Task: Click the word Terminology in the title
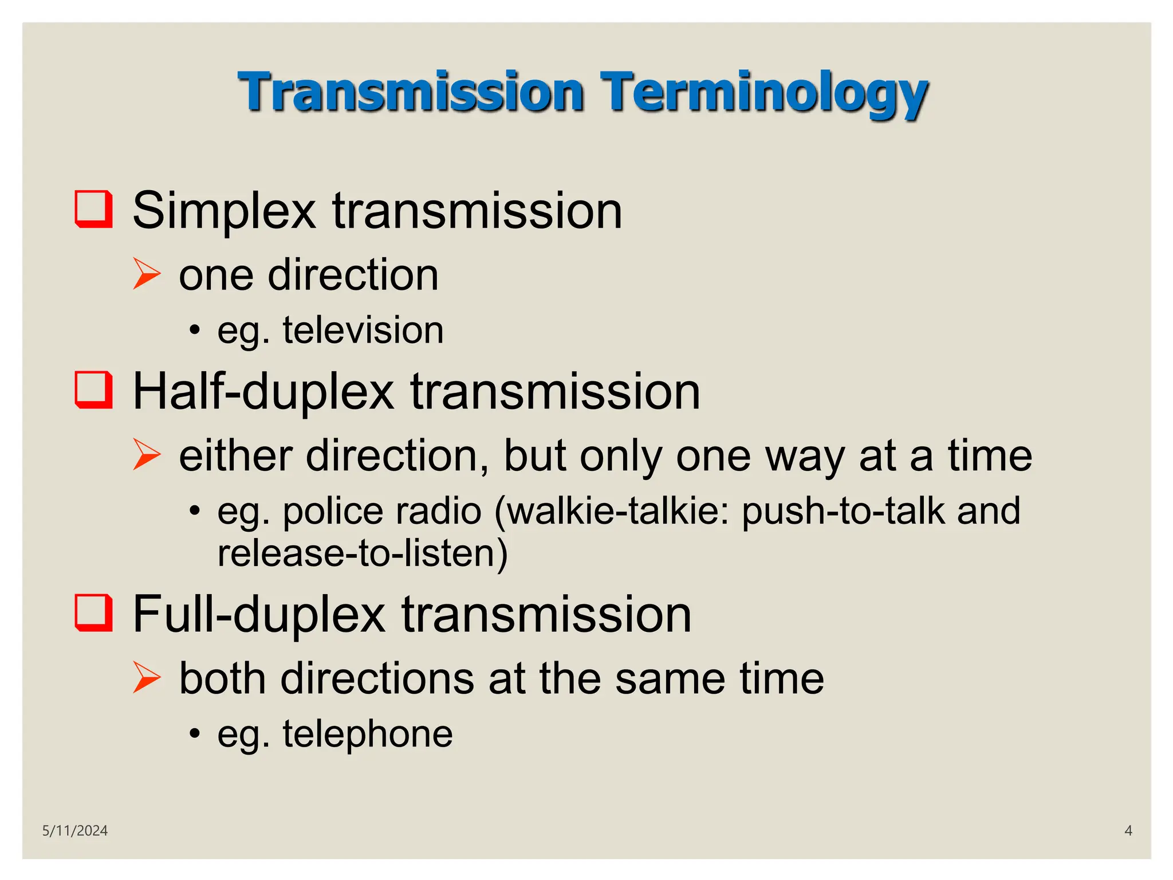[764, 93]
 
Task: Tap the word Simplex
[224, 211]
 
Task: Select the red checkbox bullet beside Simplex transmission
[93, 209]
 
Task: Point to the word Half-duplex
[263, 392]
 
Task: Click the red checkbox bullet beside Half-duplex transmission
[93, 390]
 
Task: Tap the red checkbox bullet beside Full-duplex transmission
[93, 612]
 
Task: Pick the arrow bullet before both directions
[147, 677]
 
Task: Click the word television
[363, 331]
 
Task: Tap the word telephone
[368, 734]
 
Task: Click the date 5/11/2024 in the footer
[75, 831]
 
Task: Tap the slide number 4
[1128, 831]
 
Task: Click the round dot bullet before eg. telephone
[195, 734]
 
